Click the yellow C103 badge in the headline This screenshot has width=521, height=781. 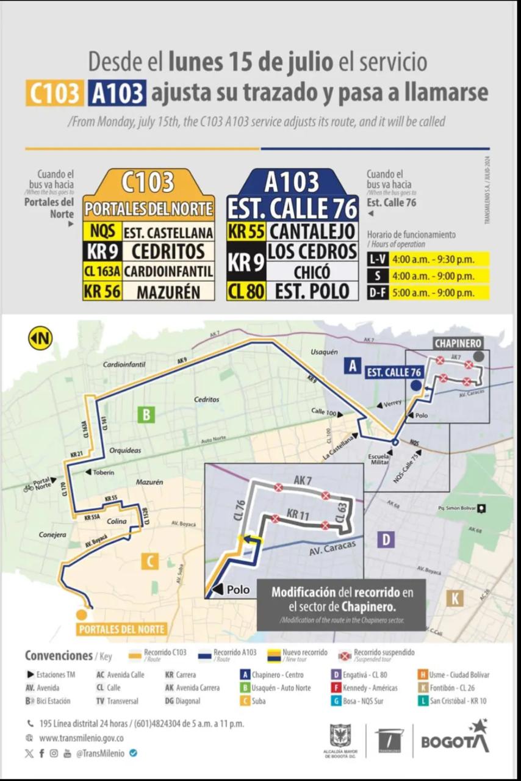(54, 93)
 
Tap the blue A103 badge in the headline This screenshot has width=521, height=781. (117, 93)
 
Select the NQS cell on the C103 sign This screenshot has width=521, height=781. (102, 232)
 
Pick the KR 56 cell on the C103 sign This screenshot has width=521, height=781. (102, 291)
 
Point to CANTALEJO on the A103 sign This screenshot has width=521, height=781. (312, 231)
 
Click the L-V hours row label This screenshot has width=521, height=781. (376, 259)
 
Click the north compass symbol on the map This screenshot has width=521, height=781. (40, 338)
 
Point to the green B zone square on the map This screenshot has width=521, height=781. (146, 415)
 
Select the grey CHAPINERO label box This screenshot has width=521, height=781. (458, 344)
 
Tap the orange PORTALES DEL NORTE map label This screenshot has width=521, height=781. (121, 629)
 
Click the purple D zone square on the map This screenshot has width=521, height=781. (386, 539)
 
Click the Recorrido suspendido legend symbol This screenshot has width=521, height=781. (345, 656)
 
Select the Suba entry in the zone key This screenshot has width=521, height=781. (259, 701)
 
